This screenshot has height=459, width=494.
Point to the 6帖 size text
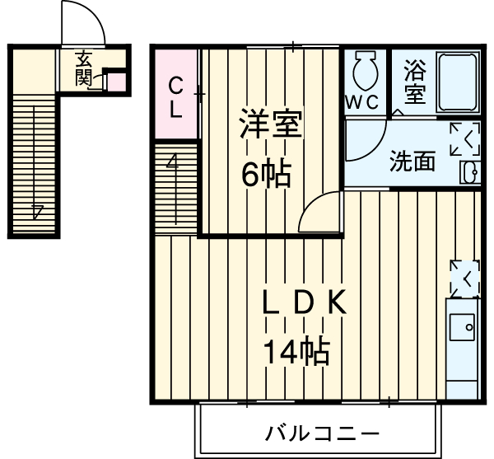pos(265,173)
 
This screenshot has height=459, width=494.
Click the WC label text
pos(362,103)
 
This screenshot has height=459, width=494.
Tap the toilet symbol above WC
pos(363,72)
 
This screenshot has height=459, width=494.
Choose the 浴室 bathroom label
pos(415,82)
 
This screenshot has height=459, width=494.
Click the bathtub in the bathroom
pos(458,82)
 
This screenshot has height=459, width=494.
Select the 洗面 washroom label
pos(412,162)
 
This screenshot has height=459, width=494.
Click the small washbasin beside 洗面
pos(471,171)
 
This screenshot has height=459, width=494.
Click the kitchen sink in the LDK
pos(464,327)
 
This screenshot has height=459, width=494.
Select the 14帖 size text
pos(296,352)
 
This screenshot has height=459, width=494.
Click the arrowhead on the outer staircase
pos(36,210)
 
